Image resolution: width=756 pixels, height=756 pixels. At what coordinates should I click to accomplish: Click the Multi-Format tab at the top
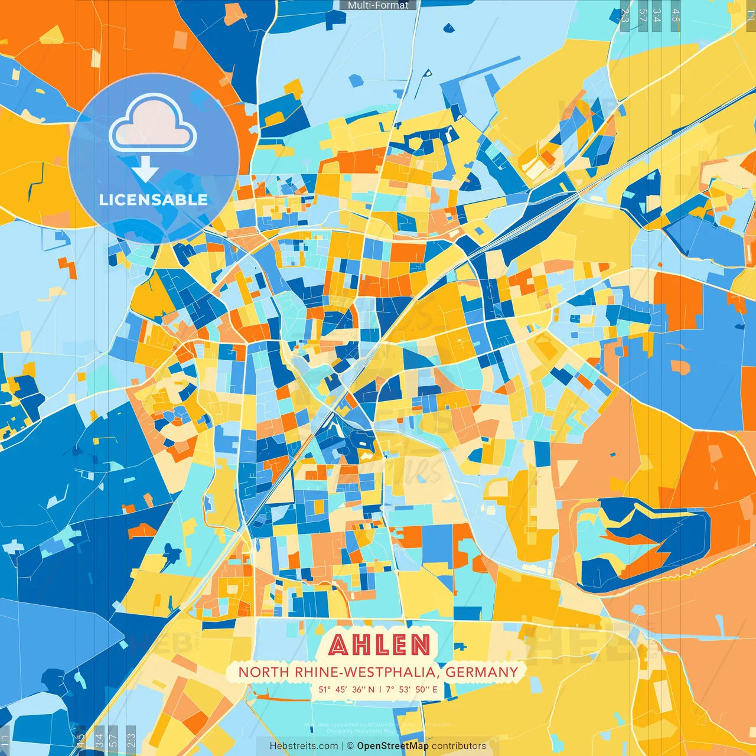pyautogui.click(x=378, y=5)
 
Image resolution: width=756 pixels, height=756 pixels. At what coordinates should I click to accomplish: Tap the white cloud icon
pyautogui.click(x=152, y=125)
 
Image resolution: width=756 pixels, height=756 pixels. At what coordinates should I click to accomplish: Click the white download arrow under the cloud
pyautogui.click(x=145, y=171)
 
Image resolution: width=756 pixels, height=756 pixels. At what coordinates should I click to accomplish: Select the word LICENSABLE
pyautogui.click(x=154, y=200)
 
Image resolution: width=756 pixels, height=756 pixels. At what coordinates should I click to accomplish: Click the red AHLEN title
pyautogui.click(x=380, y=645)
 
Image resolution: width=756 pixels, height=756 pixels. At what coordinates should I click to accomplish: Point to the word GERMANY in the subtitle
pyautogui.click(x=481, y=672)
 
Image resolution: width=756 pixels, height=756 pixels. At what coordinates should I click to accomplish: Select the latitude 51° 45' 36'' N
pyautogui.click(x=347, y=689)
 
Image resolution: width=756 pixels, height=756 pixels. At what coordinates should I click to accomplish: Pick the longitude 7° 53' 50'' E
pyautogui.click(x=412, y=689)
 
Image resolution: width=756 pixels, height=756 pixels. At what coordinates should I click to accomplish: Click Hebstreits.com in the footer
pyautogui.click(x=304, y=746)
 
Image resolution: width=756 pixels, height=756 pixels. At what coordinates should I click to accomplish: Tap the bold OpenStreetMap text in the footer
pyautogui.click(x=393, y=746)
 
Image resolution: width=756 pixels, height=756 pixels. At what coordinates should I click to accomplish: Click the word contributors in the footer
pyautogui.click(x=459, y=746)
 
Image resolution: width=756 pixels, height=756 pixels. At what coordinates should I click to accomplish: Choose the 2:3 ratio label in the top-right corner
pyautogui.click(x=625, y=15)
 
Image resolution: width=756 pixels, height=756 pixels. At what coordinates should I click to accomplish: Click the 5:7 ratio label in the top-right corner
pyautogui.click(x=643, y=15)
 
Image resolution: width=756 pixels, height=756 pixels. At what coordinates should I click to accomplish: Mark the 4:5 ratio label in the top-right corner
pyautogui.click(x=676, y=15)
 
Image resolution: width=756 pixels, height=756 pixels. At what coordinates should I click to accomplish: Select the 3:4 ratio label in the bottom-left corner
pyautogui.click(x=99, y=740)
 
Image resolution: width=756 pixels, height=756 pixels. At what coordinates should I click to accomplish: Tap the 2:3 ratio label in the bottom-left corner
pyautogui.click(x=131, y=740)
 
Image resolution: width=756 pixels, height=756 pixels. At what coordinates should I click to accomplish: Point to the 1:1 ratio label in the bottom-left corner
pyautogui.click(x=5, y=741)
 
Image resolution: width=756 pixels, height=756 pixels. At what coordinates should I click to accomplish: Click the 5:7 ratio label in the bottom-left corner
pyautogui.click(x=113, y=740)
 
